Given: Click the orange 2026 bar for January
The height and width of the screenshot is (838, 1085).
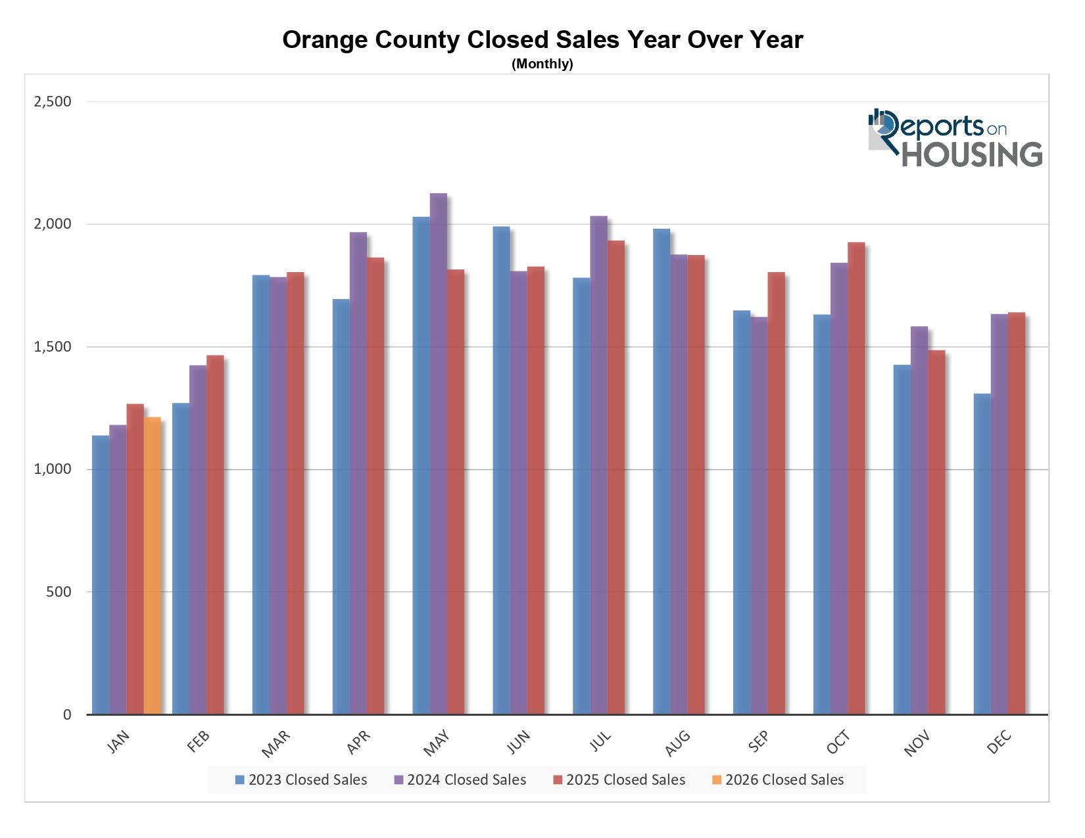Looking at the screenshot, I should tap(152, 565).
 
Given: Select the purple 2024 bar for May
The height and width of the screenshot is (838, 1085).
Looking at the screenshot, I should tap(438, 454).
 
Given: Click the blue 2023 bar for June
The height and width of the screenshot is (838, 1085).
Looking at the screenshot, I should tap(501, 470).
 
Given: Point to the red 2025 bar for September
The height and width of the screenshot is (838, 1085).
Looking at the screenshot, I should tap(776, 493).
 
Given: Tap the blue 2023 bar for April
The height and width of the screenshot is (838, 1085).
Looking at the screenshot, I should tap(341, 506).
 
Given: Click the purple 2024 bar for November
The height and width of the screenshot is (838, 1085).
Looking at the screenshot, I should tap(919, 520).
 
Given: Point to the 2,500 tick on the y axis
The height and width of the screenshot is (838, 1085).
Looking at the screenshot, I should tap(53, 101).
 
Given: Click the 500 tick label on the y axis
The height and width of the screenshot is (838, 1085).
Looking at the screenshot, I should tap(58, 592).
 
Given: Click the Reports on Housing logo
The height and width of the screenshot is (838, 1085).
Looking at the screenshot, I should tap(955, 138).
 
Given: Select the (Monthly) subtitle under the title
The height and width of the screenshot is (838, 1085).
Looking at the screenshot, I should tap(542, 64).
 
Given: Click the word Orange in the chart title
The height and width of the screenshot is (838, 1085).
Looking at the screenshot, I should tap(325, 40).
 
